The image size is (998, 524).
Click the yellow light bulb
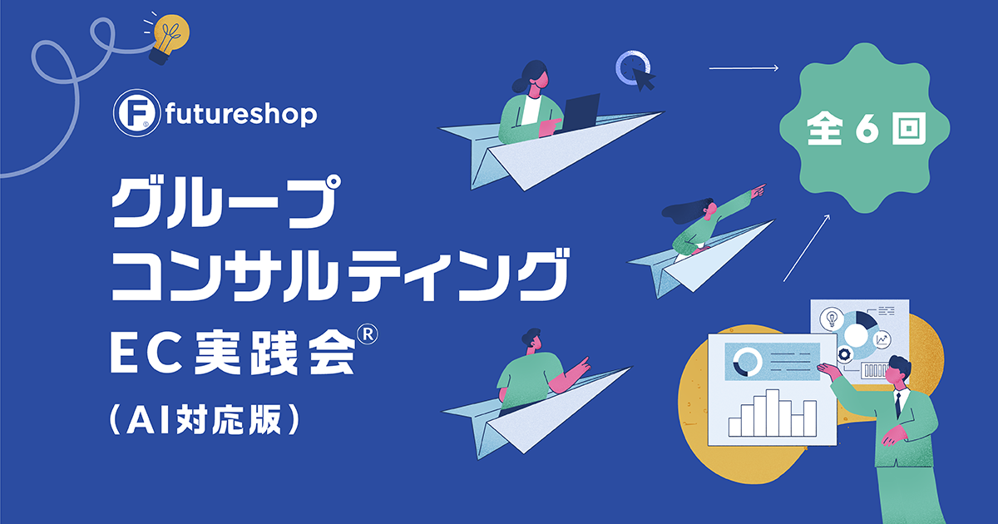point(170,38)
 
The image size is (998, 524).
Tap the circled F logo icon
point(136,113)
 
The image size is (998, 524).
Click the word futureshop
point(241,114)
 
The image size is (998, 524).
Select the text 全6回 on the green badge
point(866,128)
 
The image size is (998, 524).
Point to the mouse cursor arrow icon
point(643,79)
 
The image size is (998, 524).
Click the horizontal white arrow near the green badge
point(744,68)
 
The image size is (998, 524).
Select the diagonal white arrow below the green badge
point(807,248)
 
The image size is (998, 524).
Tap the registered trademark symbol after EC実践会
point(368,334)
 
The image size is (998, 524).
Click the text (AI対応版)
point(204,419)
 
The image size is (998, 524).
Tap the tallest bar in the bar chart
point(772,413)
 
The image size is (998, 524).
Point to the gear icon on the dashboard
point(845,355)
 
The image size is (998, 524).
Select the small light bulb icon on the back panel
point(832,319)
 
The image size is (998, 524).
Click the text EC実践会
point(233,353)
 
